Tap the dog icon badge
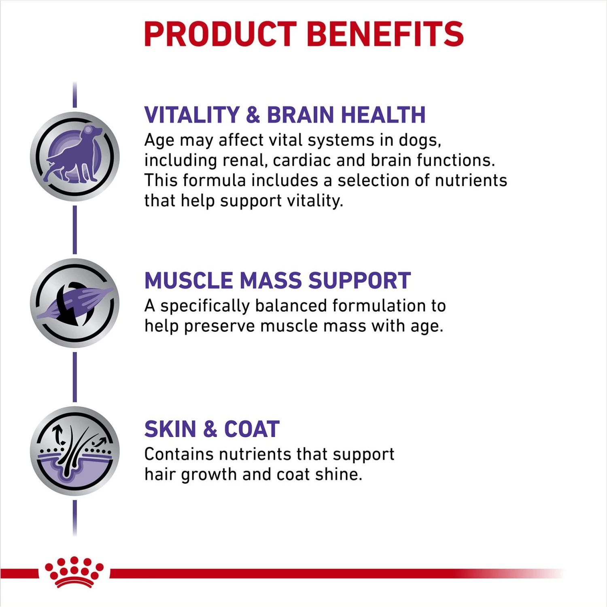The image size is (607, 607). pyautogui.click(x=75, y=157)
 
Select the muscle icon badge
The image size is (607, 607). pyautogui.click(x=75, y=303)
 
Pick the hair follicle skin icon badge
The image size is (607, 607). pyautogui.click(x=75, y=451)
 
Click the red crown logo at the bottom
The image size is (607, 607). pyautogui.click(x=74, y=572)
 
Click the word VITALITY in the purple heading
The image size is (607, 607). pyautogui.click(x=192, y=115)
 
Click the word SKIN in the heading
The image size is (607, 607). pyautogui.click(x=170, y=429)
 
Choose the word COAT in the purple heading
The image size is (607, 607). pyautogui.click(x=252, y=429)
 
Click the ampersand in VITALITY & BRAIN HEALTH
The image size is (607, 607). pyautogui.click(x=253, y=115)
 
